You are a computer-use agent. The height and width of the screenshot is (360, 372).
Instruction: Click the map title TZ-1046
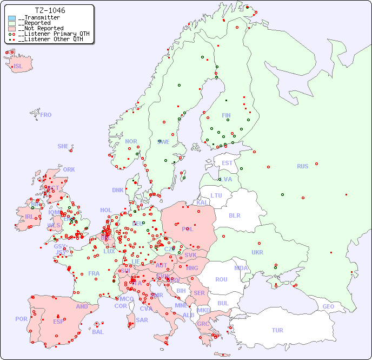tap(50, 10)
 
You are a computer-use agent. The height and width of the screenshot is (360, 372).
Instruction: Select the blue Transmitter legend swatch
tap(12, 18)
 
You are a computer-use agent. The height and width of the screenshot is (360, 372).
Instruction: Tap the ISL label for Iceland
tap(18, 67)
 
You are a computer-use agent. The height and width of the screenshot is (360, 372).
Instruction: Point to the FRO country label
tap(46, 115)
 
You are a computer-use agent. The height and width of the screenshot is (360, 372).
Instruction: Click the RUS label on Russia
tap(302, 166)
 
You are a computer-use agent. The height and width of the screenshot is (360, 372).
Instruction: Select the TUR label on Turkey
tap(277, 330)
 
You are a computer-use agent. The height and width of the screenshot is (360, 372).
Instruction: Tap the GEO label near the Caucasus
tap(328, 306)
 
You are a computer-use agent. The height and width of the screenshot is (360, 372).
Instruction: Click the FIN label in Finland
tap(226, 115)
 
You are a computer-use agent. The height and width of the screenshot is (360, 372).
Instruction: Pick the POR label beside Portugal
tap(21, 319)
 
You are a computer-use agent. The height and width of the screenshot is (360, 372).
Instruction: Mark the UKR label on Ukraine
tap(257, 252)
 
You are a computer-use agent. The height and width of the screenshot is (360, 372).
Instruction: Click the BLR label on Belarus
tap(234, 215)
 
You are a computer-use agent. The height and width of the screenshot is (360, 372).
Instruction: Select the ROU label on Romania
tap(221, 279)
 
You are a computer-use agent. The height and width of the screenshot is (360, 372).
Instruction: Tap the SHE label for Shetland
tap(63, 146)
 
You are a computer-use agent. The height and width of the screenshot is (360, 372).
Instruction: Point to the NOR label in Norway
tap(131, 141)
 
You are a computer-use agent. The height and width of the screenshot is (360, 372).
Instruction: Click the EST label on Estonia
tap(227, 163)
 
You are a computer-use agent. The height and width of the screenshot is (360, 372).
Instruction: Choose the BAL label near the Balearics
tap(97, 332)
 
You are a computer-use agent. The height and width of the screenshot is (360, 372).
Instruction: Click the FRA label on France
tap(94, 273)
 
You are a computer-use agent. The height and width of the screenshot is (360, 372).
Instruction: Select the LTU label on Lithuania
tap(216, 195)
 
